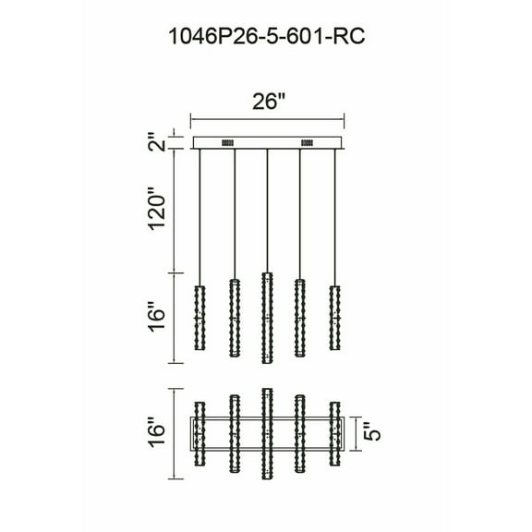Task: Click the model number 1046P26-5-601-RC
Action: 266,38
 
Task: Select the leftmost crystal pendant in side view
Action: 199,316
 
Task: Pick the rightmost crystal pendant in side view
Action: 334,316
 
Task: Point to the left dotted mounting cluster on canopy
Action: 227,143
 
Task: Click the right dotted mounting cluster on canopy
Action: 307,143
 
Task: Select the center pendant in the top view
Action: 267,430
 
